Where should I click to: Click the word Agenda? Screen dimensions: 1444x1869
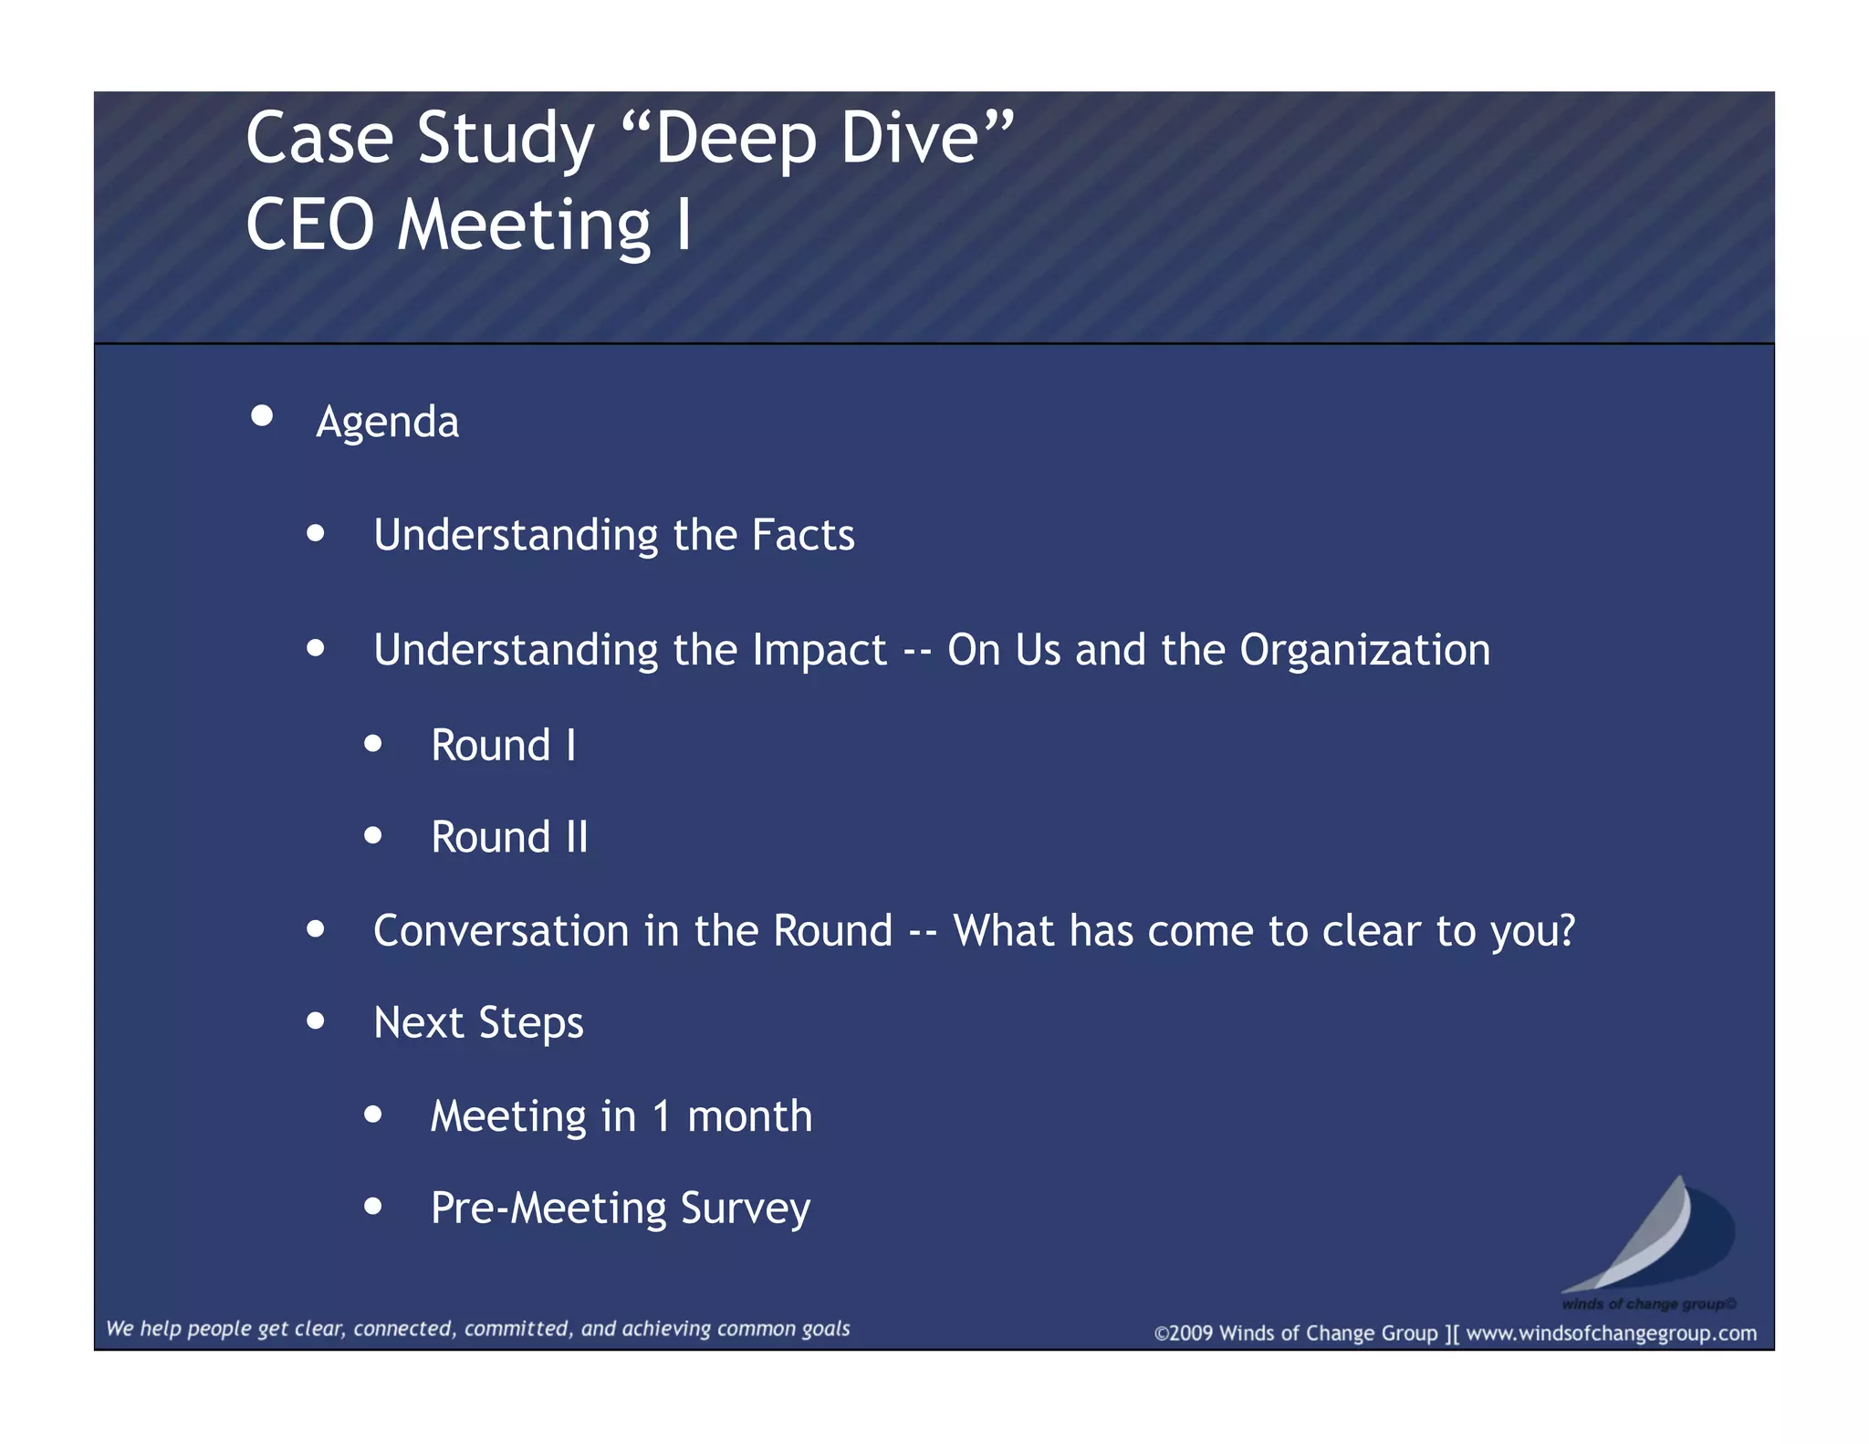pos(387,423)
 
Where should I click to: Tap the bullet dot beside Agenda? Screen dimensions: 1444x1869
pos(262,416)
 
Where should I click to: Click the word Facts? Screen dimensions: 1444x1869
pos(803,535)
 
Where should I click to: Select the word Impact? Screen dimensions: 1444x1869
pos(820,651)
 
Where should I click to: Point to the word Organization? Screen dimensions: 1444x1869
pos(1364,651)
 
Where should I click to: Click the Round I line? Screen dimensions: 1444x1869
pos(503,746)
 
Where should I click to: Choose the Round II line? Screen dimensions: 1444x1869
pos(509,838)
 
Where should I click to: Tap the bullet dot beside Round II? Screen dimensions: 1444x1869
pos(372,835)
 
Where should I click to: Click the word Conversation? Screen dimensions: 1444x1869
pos(501,931)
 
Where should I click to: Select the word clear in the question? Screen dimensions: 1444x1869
pos(1372,931)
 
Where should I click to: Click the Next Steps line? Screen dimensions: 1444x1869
pos(478,1023)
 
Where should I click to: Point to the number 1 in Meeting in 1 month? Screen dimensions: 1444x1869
pos(661,1116)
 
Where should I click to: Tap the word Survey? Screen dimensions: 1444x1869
pos(745,1209)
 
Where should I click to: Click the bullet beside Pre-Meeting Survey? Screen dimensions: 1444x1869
pos(372,1207)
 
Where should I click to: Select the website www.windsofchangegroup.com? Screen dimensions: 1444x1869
pos(1611,1334)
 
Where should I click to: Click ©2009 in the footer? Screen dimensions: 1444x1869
pos(1184,1334)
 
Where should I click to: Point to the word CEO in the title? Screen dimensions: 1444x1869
pos(310,225)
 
